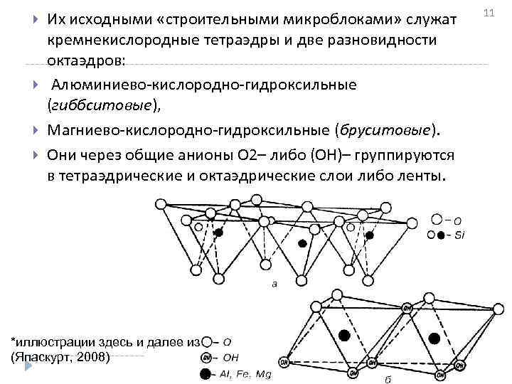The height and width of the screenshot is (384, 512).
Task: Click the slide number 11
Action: click(488, 14)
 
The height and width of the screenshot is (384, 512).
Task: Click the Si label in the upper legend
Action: click(459, 235)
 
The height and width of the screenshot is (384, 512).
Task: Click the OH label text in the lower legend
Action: click(232, 357)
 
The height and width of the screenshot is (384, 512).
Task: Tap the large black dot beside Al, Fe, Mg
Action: click(206, 373)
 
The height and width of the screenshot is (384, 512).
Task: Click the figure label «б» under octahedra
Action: click(388, 378)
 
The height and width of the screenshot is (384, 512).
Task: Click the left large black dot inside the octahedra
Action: click(345, 335)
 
